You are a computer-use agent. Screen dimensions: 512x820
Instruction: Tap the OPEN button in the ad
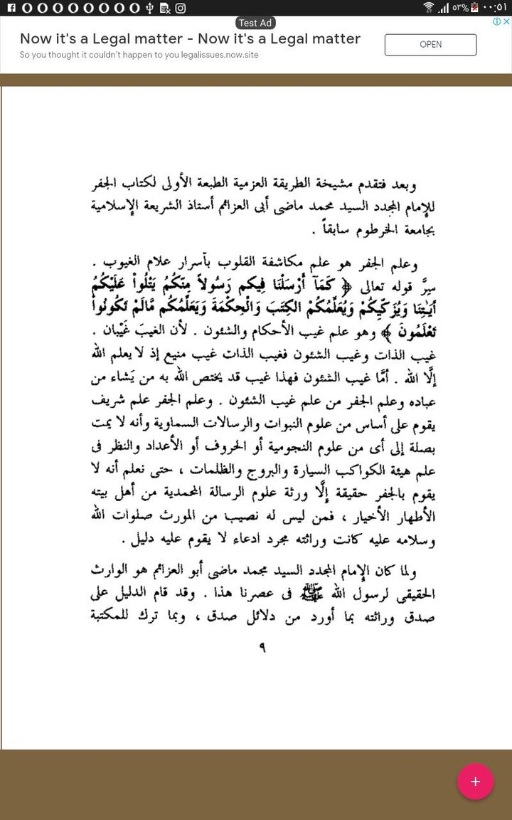coord(430,44)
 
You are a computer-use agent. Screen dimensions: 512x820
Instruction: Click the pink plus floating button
coord(475,782)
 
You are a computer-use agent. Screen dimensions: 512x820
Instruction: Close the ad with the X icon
coord(506,21)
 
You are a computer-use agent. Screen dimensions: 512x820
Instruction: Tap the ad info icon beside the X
coord(496,21)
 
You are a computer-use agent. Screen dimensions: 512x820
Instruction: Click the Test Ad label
coord(256,23)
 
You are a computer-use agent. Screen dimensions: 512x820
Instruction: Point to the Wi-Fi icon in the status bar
coord(428,8)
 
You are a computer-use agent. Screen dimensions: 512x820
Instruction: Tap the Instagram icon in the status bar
coord(181,8)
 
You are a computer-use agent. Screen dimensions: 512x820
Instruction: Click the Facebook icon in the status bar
coord(7,8)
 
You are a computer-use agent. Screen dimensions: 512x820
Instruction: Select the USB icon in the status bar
coord(149,8)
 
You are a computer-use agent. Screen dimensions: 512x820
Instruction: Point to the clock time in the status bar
coord(493,8)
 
